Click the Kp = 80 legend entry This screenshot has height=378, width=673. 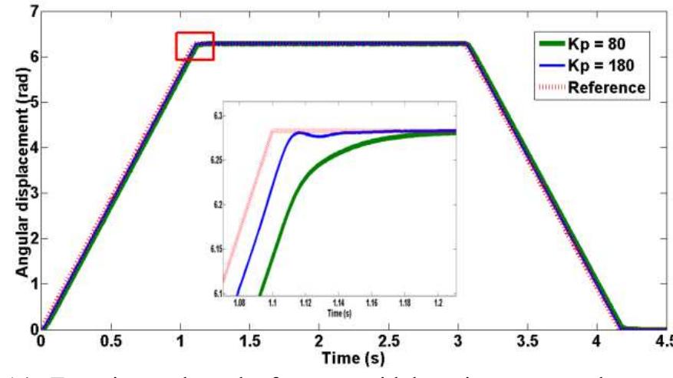point(603,43)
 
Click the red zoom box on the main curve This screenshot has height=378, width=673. point(194,45)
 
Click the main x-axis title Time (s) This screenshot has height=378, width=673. point(352,358)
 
